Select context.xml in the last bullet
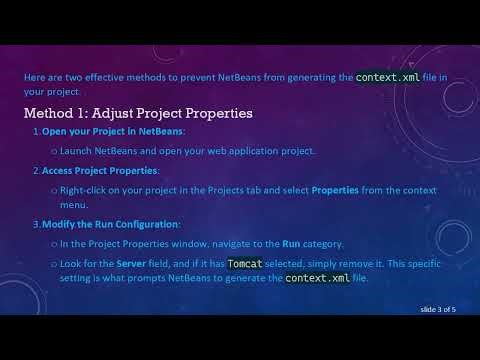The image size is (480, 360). pos(317,278)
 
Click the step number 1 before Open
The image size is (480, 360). pos(36,132)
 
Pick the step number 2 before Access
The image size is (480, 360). pos(36,170)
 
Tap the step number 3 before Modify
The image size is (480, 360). pos(36,223)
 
